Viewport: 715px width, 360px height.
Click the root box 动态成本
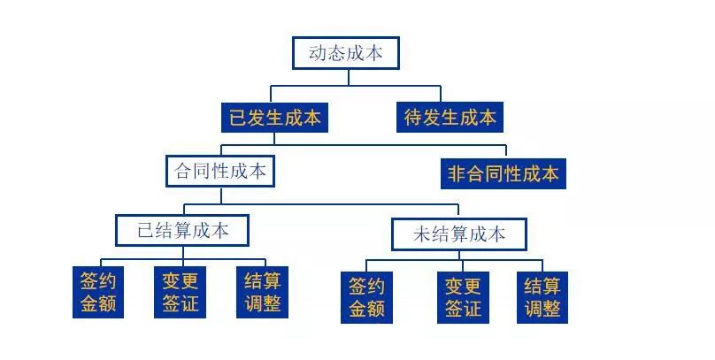[x=346, y=53]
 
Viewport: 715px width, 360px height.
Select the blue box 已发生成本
[x=275, y=118]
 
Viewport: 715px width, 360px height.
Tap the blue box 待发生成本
[x=450, y=118]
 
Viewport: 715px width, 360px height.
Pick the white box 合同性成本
[x=220, y=171]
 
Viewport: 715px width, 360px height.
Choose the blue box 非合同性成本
[x=503, y=173]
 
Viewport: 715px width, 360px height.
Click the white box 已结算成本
[x=182, y=231]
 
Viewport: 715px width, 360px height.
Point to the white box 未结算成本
[x=459, y=234]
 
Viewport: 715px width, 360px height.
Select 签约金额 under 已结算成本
[x=98, y=293]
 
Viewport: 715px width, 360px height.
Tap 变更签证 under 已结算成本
[x=181, y=293]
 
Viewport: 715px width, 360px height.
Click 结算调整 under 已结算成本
[x=263, y=293]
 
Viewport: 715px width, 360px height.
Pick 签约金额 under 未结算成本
[x=367, y=297]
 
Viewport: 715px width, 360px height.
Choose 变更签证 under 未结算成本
[x=463, y=297]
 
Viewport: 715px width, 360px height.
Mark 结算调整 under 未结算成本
[x=542, y=297]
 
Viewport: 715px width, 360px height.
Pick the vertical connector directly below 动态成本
[x=348, y=77]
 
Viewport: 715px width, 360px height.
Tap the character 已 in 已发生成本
[x=238, y=118]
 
